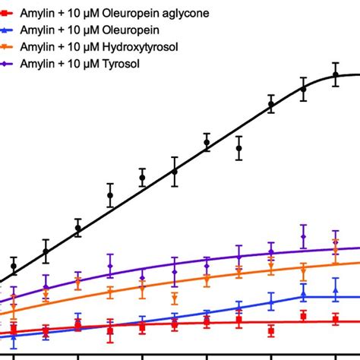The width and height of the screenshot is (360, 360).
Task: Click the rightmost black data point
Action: click(x=335, y=75)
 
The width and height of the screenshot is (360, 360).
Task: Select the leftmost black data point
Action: click(x=14, y=267)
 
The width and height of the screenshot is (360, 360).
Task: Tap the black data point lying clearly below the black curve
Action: click(x=238, y=148)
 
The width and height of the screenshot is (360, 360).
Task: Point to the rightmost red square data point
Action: click(x=335, y=320)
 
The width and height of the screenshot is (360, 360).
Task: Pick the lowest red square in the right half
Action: click(x=271, y=330)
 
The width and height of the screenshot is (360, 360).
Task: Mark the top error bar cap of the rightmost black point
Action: click(x=335, y=63)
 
